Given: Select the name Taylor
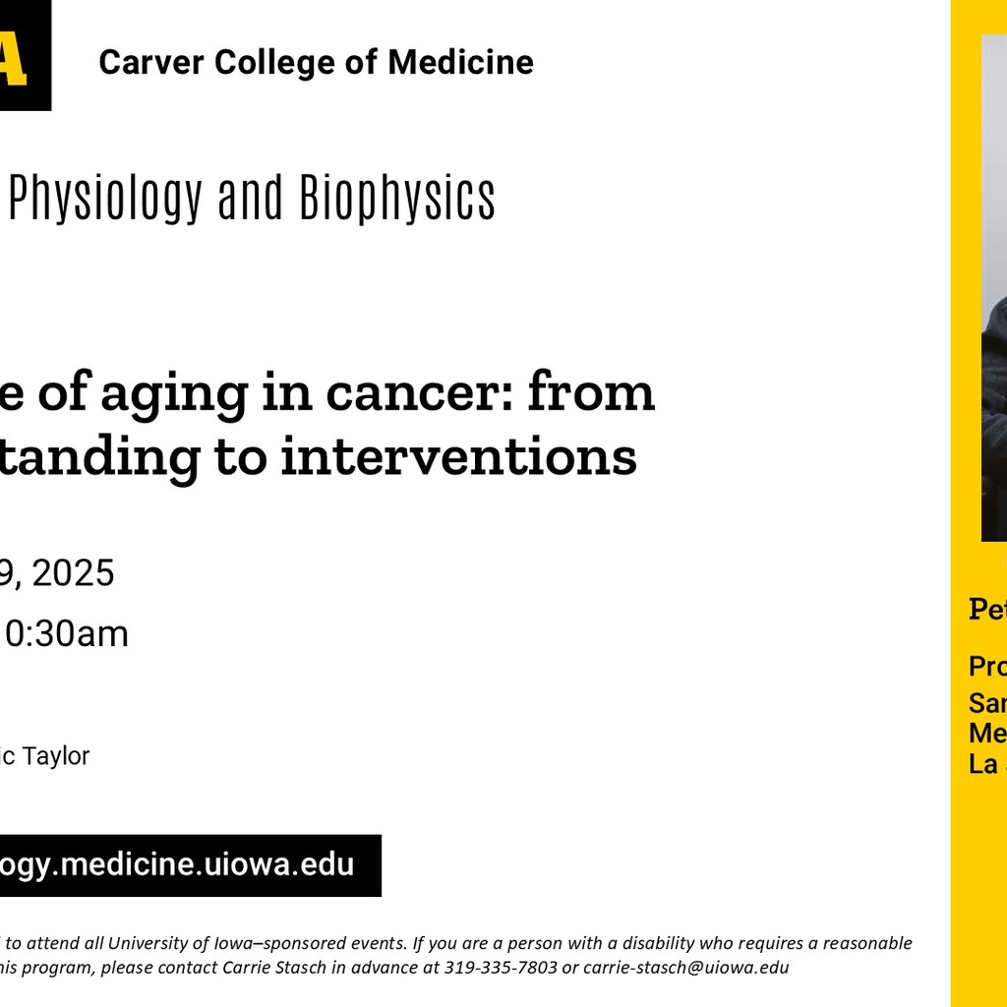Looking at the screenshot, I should click(x=58, y=756).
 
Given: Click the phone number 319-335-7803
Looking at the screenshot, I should click(x=501, y=967).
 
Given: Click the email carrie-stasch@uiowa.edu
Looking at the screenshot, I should click(x=686, y=967).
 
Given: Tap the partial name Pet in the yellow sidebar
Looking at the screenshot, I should click(x=987, y=609).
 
